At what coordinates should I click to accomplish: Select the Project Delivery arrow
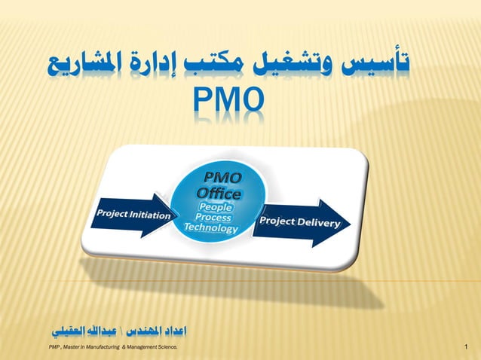[299, 223]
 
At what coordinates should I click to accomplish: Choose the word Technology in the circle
[210, 228]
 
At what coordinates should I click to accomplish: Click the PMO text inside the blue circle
[219, 178]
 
